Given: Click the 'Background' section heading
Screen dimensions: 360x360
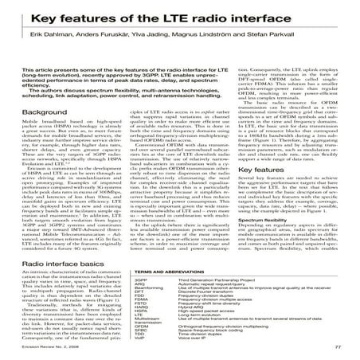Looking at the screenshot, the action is pos(47,114).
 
